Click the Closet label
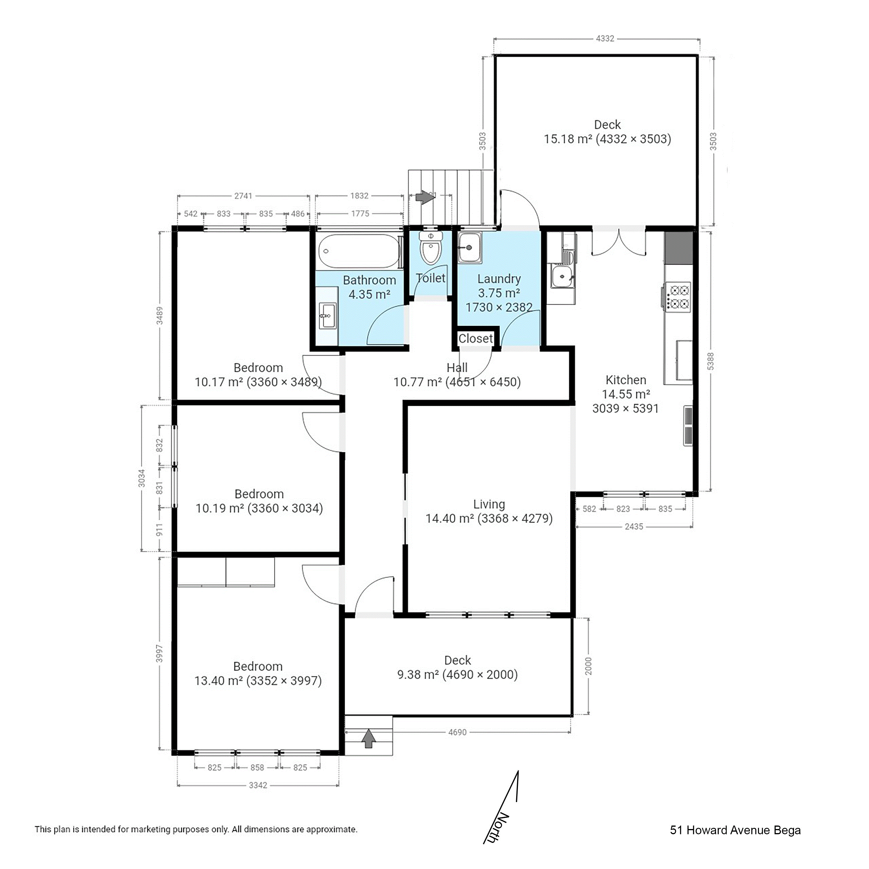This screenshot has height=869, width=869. pyautogui.click(x=475, y=338)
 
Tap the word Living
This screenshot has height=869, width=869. pyautogui.click(x=489, y=504)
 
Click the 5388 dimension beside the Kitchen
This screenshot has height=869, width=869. pyautogui.click(x=710, y=361)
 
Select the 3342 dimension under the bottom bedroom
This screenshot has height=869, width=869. pyautogui.click(x=258, y=785)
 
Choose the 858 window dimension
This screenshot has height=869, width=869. pyautogui.click(x=257, y=767)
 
